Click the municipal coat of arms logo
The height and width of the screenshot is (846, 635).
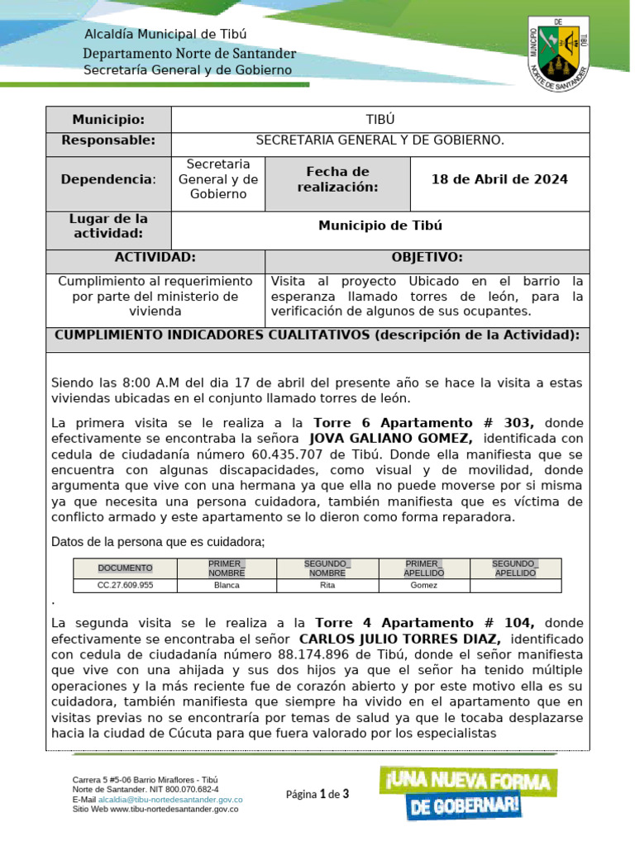click(x=557, y=51)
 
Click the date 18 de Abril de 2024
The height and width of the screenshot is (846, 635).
click(x=499, y=179)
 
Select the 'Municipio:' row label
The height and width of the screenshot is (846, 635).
click(x=108, y=120)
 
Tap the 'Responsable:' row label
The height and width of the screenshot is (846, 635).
click(x=108, y=140)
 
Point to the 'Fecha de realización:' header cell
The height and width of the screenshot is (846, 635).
click(x=337, y=179)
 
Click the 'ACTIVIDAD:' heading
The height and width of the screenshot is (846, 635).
click(x=155, y=258)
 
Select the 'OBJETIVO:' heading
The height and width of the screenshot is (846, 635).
click(x=427, y=258)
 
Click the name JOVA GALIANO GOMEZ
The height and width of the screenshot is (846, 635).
click(x=390, y=438)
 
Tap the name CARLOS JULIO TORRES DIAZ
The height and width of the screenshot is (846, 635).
click(x=399, y=639)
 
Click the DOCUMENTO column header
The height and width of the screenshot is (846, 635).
click(x=125, y=568)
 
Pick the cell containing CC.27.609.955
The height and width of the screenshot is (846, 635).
click(x=125, y=585)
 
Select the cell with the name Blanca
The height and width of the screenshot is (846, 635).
click(x=227, y=585)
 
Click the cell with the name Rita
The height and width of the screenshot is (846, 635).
click(x=327, y=585)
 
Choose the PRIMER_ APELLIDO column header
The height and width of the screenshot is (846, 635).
click(x=424, y=568)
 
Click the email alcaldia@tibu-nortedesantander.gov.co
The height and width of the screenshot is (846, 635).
click(x=170, y=800)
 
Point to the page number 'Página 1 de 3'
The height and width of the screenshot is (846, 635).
click(x=317, y=795)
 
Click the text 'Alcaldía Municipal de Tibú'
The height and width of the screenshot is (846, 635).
click(x=166, y=35)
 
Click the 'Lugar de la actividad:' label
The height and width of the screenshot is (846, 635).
click(x=108, y=226)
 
